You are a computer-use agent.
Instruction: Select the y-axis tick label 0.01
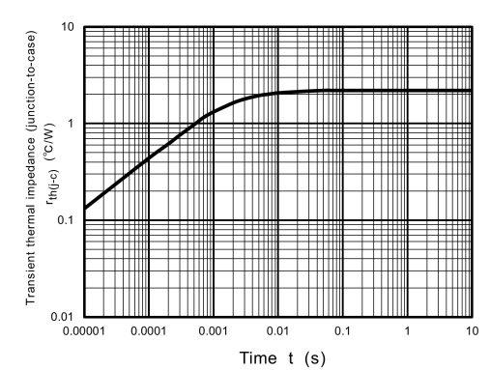coord(60,317)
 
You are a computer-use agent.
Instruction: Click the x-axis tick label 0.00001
coord(84,332)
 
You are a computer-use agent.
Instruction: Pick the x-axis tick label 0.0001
coord(149,332)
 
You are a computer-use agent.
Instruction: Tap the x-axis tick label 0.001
coord(214,332)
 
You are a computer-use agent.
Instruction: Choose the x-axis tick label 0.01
coord(278,332)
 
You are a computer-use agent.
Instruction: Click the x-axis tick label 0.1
coord(343,332)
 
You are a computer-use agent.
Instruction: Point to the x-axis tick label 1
coord(408,332)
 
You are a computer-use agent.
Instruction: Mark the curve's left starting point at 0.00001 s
coord(86,208)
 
